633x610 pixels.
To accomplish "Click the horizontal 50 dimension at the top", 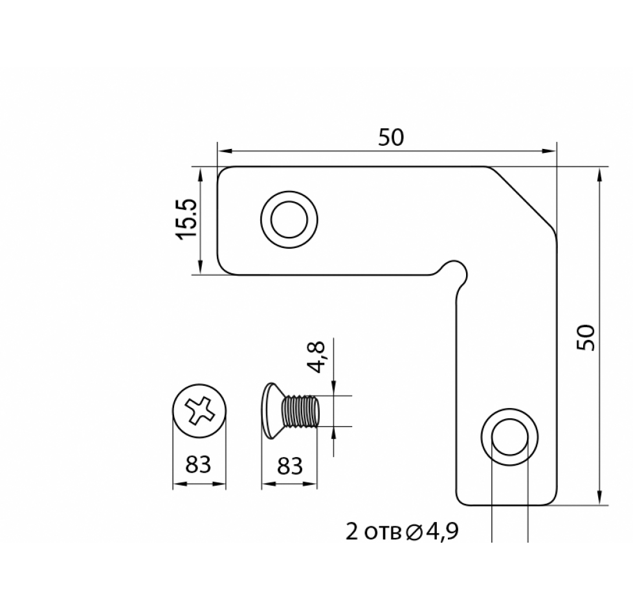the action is (391, 137).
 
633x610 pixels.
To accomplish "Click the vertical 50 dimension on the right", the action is (586, 337).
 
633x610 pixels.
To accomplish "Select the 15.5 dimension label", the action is (186, 220).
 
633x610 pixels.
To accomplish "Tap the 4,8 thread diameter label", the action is (316, 357).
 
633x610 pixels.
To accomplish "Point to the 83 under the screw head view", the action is (198, 464).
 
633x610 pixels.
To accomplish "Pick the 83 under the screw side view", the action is (289, 466).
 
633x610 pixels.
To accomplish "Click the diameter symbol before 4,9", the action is (413, 533).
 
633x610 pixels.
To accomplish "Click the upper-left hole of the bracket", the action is (289, 220).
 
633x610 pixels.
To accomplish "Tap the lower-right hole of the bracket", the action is (509, 436).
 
